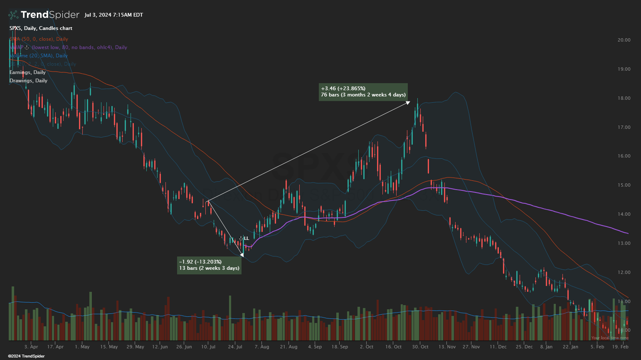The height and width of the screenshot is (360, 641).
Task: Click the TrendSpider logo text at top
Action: tap(49, 15)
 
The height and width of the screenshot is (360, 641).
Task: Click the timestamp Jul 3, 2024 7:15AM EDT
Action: tap(113, 15)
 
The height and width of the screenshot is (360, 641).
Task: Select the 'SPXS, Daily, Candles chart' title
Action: tap(41, 28)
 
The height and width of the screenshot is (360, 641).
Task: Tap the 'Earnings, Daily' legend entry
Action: tap(27, 72)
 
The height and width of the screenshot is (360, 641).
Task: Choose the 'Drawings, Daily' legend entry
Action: tap(28, 81)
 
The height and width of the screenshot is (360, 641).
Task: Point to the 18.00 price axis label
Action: tap(624, 99)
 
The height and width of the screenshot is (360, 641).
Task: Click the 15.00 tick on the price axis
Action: tap(624, 185)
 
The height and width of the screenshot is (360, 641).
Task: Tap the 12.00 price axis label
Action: tap(624, 273)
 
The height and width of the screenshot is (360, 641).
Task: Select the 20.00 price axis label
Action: tap(624, 40)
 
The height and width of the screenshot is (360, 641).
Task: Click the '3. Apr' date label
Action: tap(31, 347)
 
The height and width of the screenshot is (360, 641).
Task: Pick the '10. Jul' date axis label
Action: tap(208, 347)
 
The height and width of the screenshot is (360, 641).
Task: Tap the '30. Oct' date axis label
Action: tap(420, 347)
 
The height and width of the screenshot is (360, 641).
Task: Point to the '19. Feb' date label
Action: tap(621, 347)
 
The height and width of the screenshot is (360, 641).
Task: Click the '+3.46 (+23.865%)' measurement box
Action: tap(363, 92)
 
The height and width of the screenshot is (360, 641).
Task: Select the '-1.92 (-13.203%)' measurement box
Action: tap(209, 265)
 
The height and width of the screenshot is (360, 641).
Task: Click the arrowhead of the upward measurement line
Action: tap(408, 102)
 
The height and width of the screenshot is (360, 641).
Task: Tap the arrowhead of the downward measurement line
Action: tap(242, 255)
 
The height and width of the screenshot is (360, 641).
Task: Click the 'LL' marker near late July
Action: tap(247, 238)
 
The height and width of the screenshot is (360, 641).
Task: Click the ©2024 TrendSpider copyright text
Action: tap(26, 356)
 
